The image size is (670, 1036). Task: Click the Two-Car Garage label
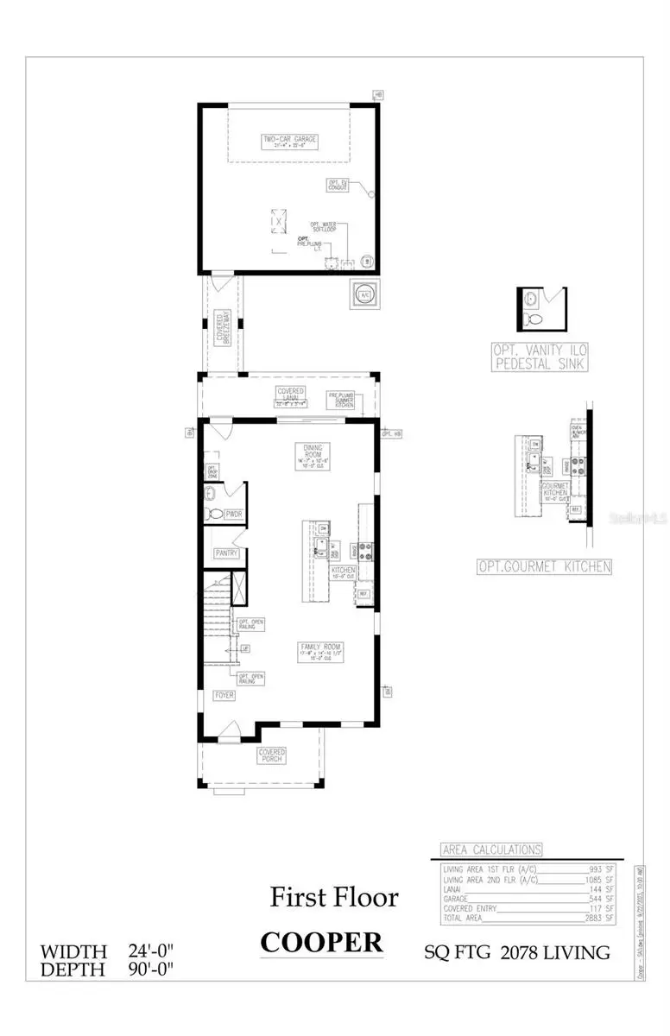coord(289,142)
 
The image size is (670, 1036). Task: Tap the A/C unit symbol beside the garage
coord(363,294)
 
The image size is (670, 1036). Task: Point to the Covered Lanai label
coord(290,395)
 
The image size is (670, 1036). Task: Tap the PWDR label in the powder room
coord(234,515)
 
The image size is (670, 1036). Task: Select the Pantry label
coord(226,553)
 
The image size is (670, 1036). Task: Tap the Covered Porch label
coord(272,756)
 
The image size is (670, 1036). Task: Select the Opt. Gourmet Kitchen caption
coord(545,567)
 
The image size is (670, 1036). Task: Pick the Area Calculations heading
coord(491,850)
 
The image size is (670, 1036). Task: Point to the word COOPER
coord(321,943)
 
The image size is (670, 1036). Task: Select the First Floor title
coord(334,897)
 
